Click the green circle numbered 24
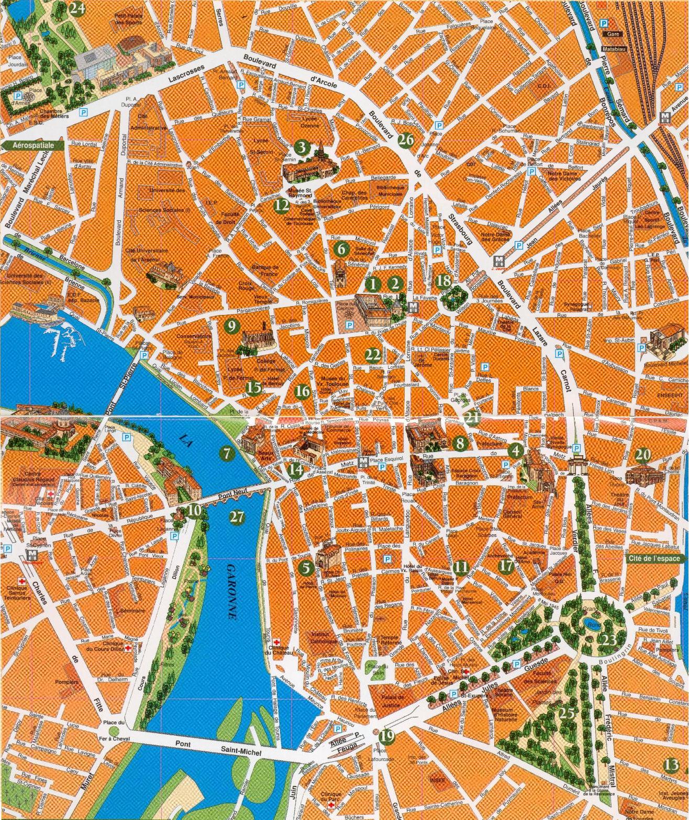[77, 8]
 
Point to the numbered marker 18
[443, 281]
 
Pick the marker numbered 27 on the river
[237, 516]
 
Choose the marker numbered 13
[671, 765]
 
